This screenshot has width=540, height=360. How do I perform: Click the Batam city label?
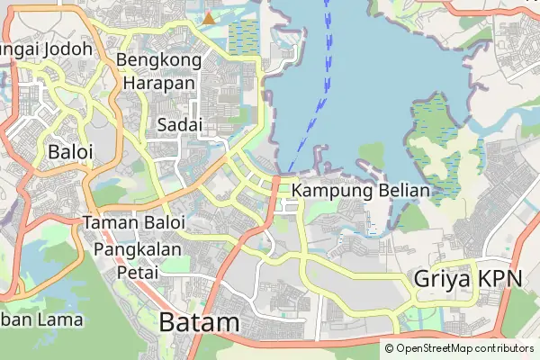pyautogui.click(x=200, y=323)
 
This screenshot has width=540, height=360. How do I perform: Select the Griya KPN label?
pyautogui.click(x=468, y=279)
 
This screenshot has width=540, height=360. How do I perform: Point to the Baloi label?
pyautogui.click(x=71, y=151)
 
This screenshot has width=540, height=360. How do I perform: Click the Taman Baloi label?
pyautogui.click(x=133, y=221)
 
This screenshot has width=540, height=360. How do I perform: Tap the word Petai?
pyautogui.click(x=138, y=270)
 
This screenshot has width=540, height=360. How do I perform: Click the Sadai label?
pyautogui.click(x=178, y=124)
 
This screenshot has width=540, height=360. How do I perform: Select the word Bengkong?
pyautogui.click(x=157, y=60)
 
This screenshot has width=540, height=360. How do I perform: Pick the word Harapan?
pyautogui.click(x=158, y=82)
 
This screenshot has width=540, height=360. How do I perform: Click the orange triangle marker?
pyautogui.click(x=209, y=17)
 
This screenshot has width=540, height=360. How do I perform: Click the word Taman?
pyautogui.click(x=108, y=221)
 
